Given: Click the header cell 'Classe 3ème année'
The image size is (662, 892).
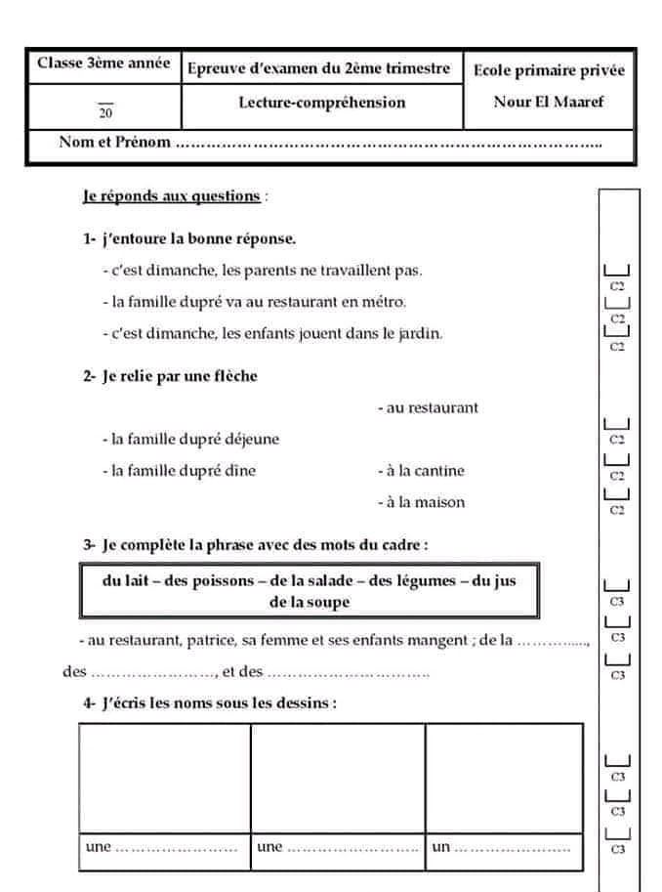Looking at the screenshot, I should tap(103, 64).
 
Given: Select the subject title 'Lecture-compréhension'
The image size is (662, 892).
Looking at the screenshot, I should tap(322, 103).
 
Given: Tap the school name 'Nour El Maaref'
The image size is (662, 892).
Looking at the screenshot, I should tap(548, 102).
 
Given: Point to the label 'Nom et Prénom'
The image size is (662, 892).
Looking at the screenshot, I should tap(114, 142).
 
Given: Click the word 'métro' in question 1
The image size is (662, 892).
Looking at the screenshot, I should tap(385, 301).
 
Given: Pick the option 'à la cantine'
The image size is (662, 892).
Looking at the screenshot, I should tap(421, 471).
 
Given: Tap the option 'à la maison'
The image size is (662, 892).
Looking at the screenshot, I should tap(421, 502).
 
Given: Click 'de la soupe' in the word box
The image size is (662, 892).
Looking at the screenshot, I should tap(309, 602).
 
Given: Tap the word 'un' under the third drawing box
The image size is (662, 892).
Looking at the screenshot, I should tap(440, 847).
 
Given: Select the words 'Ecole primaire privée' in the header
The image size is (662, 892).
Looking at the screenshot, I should tap(548, 70).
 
